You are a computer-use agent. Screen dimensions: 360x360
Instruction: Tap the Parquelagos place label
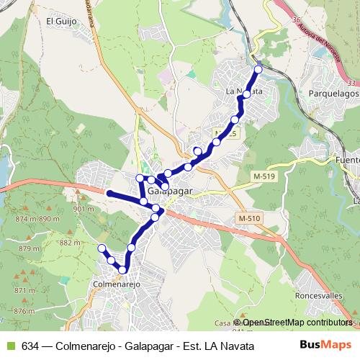coord(333,94)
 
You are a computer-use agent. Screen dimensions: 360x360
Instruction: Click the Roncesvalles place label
coord(318,296)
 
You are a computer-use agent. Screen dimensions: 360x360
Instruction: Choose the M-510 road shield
coord(248,218)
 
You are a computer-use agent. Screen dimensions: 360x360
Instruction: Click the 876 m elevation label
coord(24,311)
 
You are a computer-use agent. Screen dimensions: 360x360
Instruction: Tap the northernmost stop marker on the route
coord(258,69)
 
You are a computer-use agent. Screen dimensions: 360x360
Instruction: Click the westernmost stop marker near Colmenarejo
coord(102,248)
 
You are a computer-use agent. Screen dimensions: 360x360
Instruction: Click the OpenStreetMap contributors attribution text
coord(297,323)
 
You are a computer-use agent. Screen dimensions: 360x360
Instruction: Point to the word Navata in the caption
coord(235,346)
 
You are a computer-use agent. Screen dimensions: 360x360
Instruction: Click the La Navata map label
coord(242,91)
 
